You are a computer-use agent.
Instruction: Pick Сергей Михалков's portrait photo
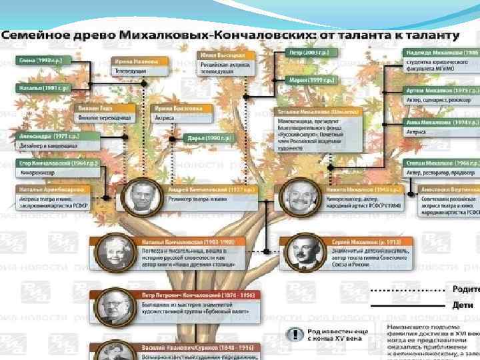(302, 251)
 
